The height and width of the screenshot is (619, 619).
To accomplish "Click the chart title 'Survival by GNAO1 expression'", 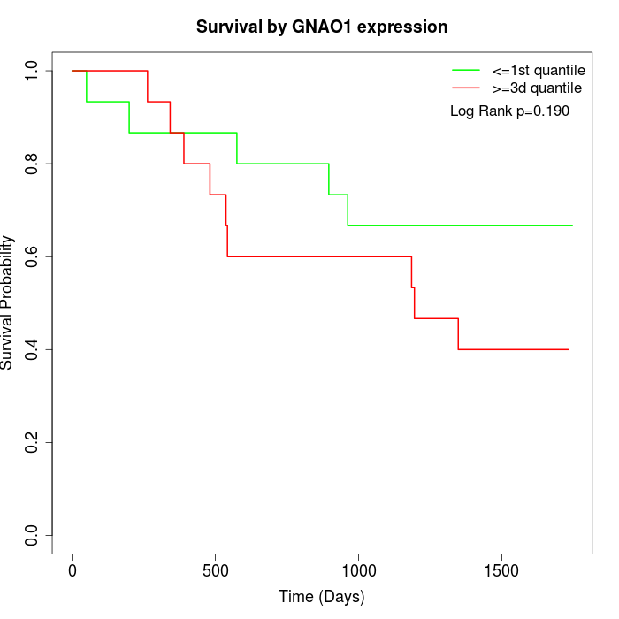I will [x=321, y=27].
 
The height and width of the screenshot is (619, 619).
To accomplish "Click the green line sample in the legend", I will [x=466, y=70].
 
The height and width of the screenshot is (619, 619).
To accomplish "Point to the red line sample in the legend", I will [x=466, y=88].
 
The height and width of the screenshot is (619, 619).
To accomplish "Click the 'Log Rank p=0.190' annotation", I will [x=509, y=111].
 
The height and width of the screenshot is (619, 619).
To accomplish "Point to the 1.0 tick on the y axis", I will [x=33, y=71].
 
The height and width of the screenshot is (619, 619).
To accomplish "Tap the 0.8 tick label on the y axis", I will [x=33, y=164].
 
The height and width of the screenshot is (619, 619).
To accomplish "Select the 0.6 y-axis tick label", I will [x=33, y=256].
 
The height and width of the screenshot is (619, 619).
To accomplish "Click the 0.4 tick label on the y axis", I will [x=33, y=349].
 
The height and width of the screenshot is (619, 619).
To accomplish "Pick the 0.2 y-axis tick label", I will [x=33, y=442].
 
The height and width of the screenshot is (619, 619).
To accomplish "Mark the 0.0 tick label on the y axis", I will [x=33, y=535].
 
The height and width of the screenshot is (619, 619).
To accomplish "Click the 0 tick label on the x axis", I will [x=73, y=571].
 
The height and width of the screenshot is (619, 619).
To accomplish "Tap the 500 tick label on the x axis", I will [x=215, y=571].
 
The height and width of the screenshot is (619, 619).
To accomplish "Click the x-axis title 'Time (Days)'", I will [x=321, y=597].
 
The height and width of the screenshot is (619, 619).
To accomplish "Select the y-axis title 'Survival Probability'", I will [x=9, y=302].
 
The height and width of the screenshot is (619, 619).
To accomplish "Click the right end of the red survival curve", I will [x=568, y=349].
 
